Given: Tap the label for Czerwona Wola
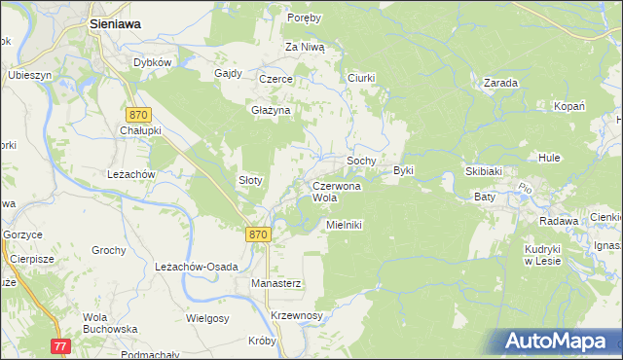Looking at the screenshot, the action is click(337, 191).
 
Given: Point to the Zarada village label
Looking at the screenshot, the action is click(499, 84).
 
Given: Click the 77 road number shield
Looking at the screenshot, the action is click(61, 346).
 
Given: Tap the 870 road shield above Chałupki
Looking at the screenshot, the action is click(138, 115).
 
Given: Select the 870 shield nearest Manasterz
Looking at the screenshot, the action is click(257, 234).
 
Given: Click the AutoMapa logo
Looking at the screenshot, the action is click(559, 342).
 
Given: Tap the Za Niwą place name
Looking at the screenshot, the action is click(305, 47).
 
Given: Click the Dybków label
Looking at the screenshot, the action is click(153, 62).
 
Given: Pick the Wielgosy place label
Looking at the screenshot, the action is click(207, 317).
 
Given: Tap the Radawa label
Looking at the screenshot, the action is click(559, 221).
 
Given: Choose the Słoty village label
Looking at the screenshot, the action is click(251, 181).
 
